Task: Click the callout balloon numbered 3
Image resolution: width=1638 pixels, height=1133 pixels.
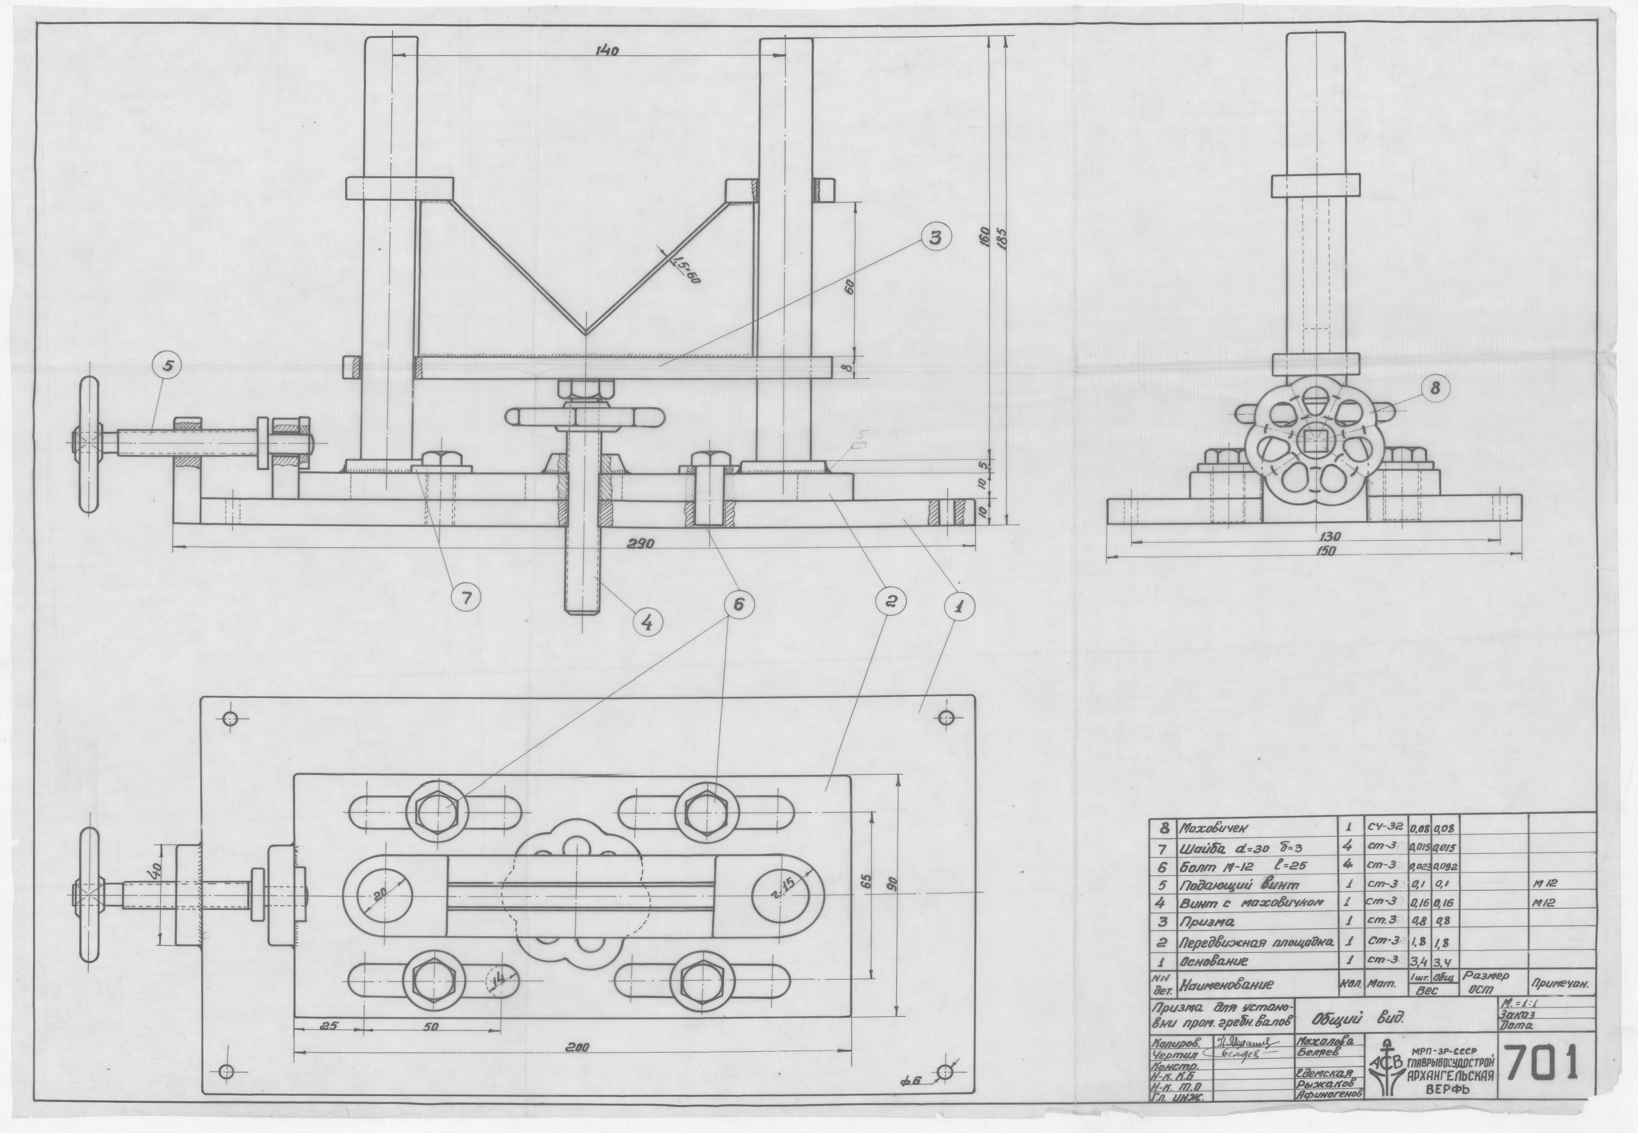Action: [x=936, y=239]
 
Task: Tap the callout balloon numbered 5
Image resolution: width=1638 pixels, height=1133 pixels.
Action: [x=169, y=365]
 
